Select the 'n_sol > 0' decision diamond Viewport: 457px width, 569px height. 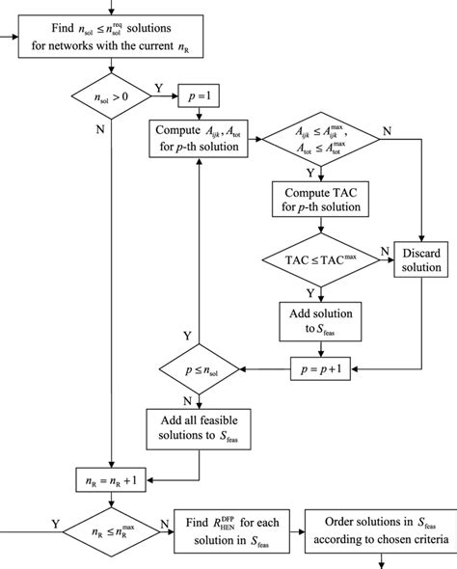[114, 96]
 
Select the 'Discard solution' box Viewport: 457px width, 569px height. [420, 260]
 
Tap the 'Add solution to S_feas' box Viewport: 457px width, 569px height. [314, 319]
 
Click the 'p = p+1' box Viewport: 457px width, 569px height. [314, 368]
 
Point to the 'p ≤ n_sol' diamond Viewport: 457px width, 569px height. [199, 368]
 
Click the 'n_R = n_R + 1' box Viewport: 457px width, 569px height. [114, 477]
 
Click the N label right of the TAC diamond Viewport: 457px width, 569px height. [379, 251]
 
